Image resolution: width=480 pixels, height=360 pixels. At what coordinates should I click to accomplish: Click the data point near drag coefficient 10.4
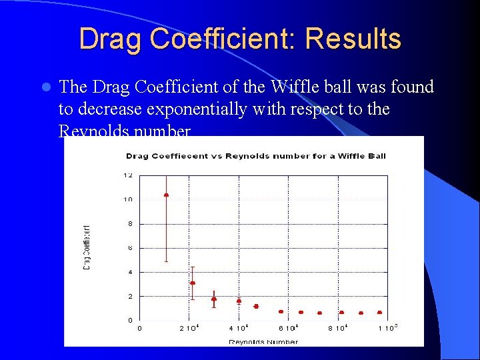tap(166, 195)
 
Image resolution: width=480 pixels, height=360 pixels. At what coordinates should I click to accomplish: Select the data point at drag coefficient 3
tap(193, 283)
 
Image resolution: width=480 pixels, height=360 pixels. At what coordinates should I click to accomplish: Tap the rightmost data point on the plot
tap(379, 312)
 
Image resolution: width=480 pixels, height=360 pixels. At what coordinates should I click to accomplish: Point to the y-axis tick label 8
tap(130, 223)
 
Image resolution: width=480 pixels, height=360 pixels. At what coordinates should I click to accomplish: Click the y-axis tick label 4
tap(130, 272)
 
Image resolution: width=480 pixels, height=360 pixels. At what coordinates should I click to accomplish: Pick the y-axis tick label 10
tap(127, 199)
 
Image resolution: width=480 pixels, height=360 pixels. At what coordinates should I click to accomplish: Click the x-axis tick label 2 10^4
tap(190, 328)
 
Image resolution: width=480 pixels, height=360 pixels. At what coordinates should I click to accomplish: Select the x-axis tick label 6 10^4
tap(288, 328)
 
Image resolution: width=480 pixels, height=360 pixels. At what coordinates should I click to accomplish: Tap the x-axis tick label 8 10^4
tap(338, 328)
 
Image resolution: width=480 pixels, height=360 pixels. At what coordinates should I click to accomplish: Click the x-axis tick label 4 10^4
tap(239, 328)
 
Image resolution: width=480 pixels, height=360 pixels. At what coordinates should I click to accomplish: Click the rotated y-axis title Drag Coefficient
tap(87, 246)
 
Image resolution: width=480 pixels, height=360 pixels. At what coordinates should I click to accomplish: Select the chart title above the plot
tap(256, 156)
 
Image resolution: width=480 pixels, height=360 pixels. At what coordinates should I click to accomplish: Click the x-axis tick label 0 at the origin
tap(139, 328)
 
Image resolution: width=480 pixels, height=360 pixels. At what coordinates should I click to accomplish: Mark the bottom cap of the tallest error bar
tap(166, 261)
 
